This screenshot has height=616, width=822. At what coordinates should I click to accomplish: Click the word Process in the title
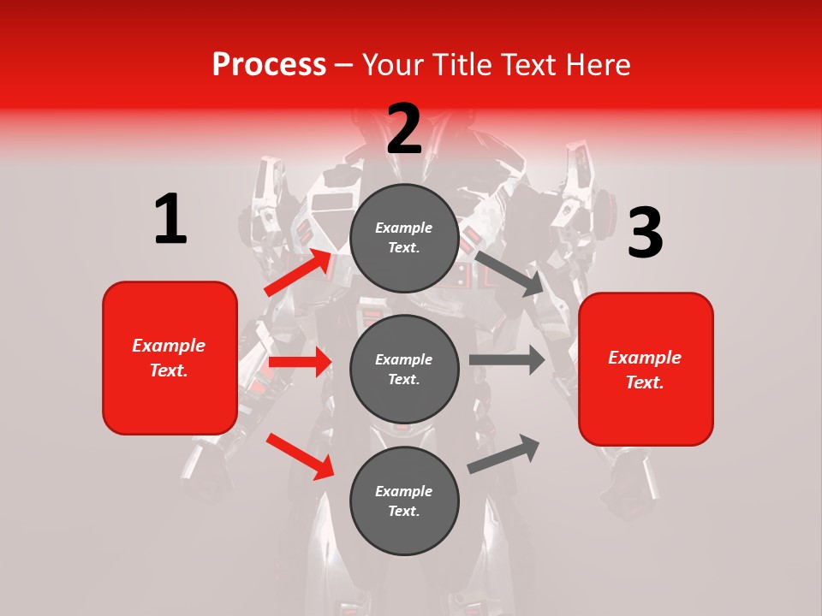tap(269, 64)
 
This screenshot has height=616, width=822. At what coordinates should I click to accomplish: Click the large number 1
tap(170, 219)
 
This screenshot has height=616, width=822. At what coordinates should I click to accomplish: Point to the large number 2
tap(404, 128)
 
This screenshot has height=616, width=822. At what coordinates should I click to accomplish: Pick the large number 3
tap(645, 233)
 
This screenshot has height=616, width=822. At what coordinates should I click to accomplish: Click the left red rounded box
tap(170, 358)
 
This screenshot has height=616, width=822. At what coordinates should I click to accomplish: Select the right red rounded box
tap(646, 370)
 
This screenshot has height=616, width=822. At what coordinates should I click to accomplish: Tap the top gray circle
tap(404, 238)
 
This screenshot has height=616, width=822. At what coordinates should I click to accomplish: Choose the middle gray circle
tap(404, 369)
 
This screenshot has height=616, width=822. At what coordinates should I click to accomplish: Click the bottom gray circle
tap(404, 500)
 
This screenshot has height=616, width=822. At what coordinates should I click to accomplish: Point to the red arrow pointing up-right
tap(299, 272)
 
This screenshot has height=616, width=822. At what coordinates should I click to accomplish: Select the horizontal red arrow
tap(300, 362)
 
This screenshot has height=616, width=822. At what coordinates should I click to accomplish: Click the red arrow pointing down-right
tap(300, 455)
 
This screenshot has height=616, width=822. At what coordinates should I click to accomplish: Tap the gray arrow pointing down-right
tap(509, 273)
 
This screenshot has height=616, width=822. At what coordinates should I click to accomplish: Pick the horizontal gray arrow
tap(507, 359)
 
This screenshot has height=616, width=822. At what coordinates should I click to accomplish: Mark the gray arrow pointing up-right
tap(504, 453)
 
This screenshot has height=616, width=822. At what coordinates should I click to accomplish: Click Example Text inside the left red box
tap(169, 358)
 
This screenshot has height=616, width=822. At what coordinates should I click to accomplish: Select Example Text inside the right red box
tap(645, 370)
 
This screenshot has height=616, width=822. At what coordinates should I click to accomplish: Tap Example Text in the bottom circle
tap(404, 500)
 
